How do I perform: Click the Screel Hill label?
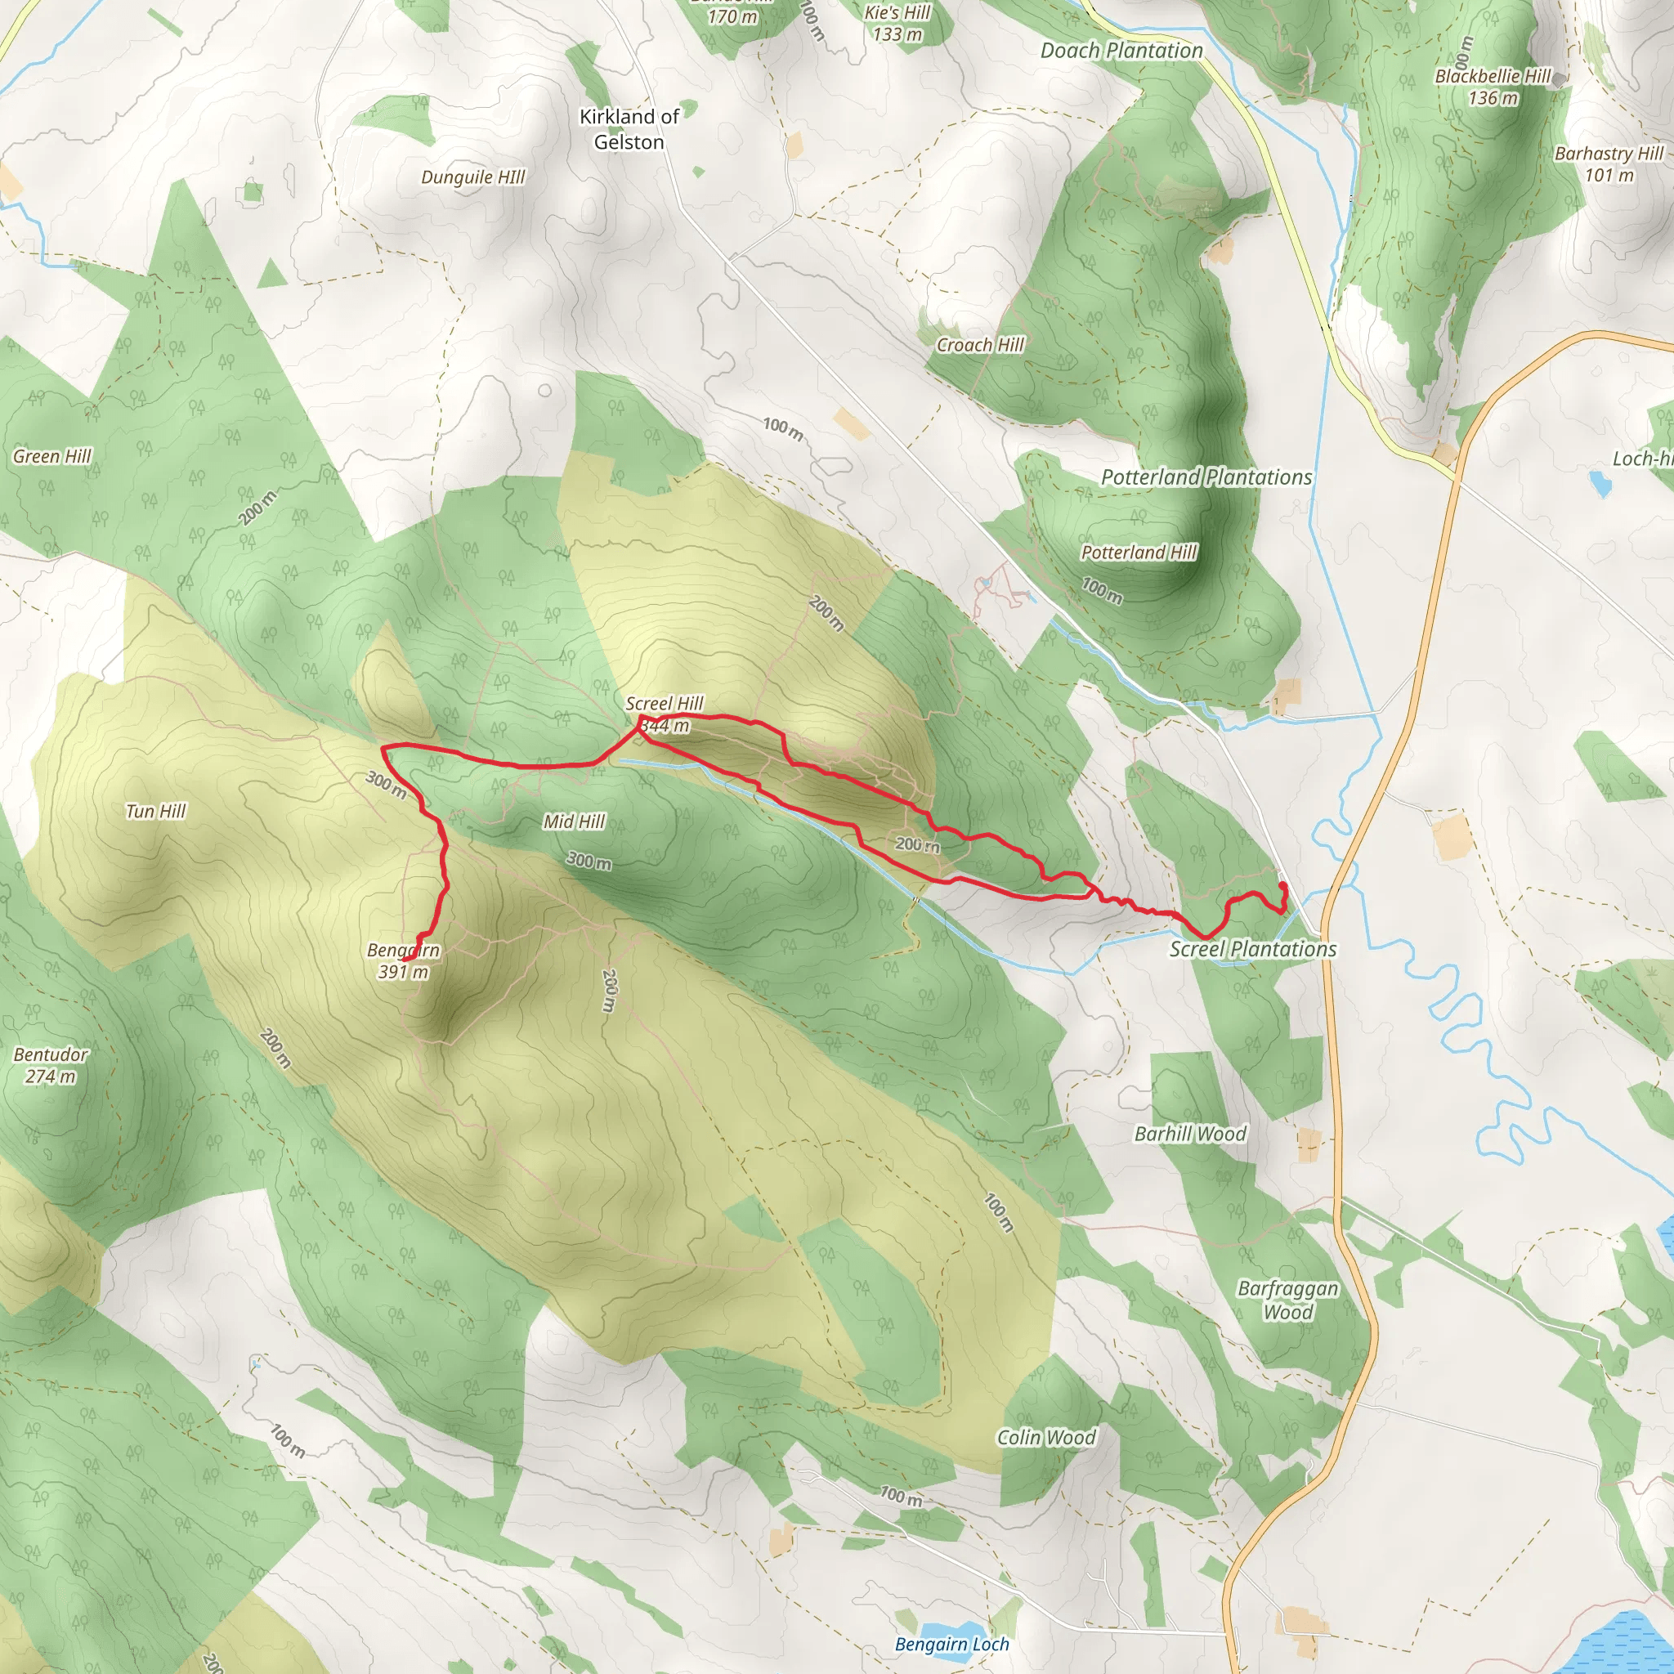point(664,704)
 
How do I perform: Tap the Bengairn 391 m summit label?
point(404,961)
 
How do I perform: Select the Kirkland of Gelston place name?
point(629,129)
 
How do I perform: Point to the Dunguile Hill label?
point(473,177)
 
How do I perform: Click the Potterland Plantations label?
point(1206,477)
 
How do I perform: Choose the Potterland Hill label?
point(1139,553)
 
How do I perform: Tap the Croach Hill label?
point(980,345)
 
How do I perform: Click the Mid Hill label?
point(574,821)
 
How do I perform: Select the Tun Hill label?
point(156,811)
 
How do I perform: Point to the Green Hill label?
point(52,457)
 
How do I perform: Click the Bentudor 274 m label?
point(50,1065)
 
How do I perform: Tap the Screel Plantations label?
point(1253,949)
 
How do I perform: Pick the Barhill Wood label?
point(1189,1135)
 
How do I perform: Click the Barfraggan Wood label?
point(1287,1300)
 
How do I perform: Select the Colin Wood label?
point(1045,1438)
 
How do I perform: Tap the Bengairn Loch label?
point(951,1645)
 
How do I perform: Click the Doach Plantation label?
point(1121,50)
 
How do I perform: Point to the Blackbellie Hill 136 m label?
point(1493,87)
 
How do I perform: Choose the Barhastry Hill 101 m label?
point(1609,163)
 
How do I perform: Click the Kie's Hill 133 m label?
point(897,24)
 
